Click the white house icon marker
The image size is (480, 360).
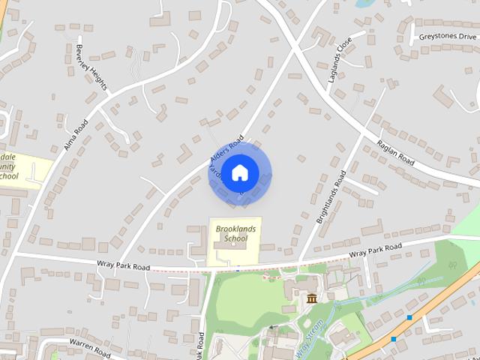tap(239, 172)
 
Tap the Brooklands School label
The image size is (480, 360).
tap(230, 233)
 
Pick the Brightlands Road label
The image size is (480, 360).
tap(331, 197)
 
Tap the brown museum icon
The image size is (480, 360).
tap(311, 300)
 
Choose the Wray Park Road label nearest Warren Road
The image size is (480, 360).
tap(123, 265)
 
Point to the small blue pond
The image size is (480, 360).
tap(364, 4)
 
